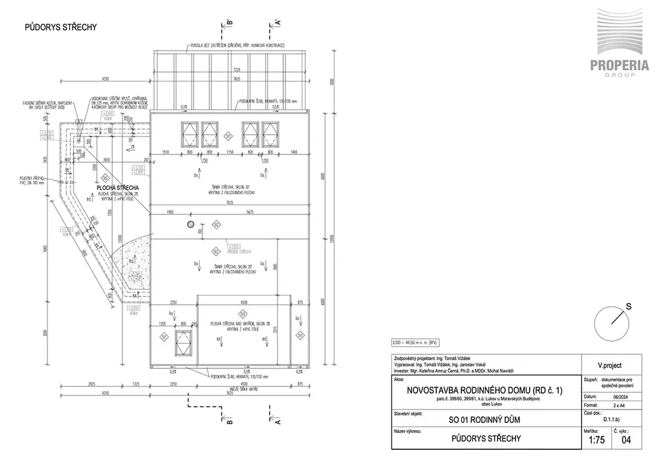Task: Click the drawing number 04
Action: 627,439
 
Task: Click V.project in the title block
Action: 609,365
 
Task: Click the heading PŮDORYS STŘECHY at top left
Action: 60,27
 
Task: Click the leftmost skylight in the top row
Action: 191,134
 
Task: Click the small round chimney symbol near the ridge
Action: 190,224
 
